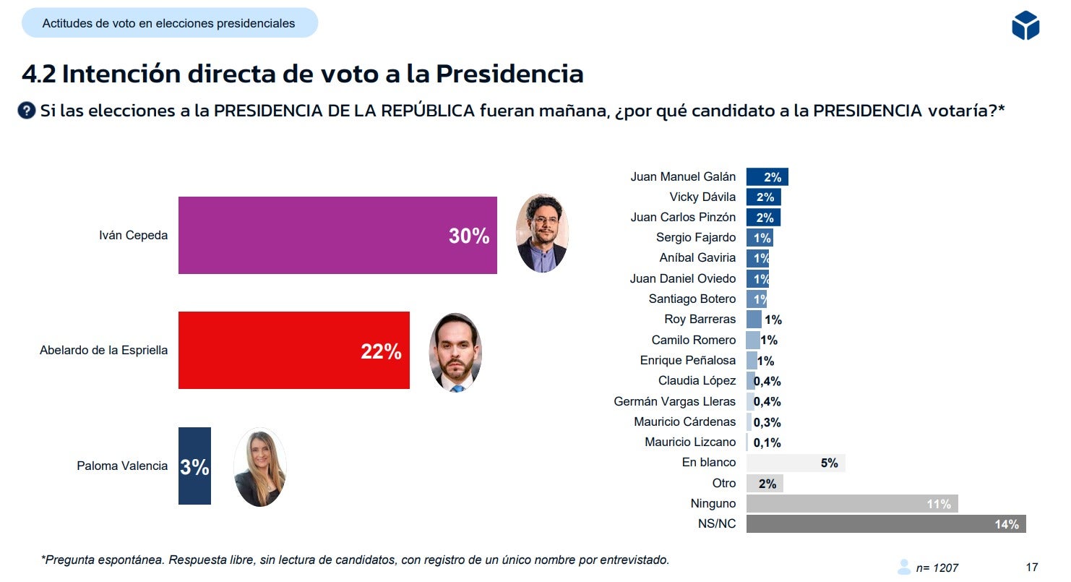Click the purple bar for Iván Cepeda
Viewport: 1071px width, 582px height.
(337, 235)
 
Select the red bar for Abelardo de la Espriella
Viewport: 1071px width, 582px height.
(293, 350)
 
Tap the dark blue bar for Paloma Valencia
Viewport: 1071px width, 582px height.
(194, 466)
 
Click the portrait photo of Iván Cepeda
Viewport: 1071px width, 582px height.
(542, 234)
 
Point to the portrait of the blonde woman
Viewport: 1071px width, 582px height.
(259, 466)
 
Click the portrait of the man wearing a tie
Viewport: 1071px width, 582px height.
(455, 352)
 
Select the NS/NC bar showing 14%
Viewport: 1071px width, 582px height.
(885, 524)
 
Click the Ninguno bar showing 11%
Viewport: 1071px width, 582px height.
(851, 504)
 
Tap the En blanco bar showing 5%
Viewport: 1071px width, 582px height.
(795, 463)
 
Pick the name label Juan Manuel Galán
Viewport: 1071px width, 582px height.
(683, 176)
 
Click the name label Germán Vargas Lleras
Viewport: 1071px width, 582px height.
(674, 401)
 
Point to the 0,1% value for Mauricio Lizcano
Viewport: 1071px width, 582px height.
(767, 442)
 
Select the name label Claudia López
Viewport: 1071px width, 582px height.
(697, 380)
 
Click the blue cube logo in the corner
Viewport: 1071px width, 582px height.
(1025, 26)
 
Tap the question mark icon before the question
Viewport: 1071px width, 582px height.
(27, 111)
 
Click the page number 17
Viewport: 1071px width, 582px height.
(1031, 567)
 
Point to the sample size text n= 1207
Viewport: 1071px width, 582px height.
(937, 568)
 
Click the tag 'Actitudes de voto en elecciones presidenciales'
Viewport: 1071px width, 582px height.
(169, 23)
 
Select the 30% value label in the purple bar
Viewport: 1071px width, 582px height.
(469, 236)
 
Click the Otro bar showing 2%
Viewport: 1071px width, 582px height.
(765, 484)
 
